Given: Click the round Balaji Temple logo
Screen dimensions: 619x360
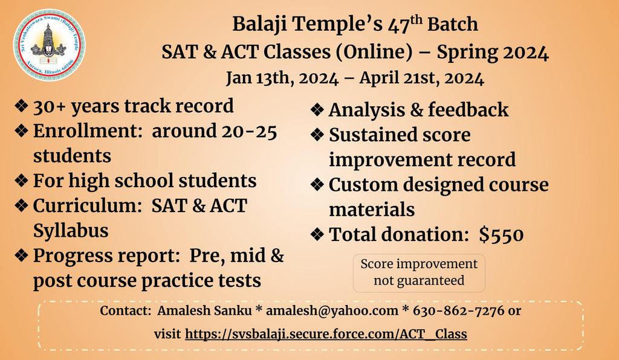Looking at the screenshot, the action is coord(49,45).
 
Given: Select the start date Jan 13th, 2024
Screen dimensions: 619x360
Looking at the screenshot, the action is coord(282,78).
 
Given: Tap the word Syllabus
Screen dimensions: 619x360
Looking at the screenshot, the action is coord(71,231).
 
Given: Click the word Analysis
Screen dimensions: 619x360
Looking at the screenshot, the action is coord(366,110).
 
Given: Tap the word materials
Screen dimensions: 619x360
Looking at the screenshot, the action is coord(372,210).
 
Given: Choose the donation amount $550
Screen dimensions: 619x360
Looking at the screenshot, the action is coord(501,234).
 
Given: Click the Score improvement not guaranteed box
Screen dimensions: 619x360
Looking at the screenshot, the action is coord(419,273).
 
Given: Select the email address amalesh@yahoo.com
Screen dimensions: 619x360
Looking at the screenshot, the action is coord(332,310).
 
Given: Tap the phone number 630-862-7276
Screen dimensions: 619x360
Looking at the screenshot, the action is coord(458,310).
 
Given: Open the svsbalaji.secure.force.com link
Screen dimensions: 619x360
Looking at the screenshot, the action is coord(326,334).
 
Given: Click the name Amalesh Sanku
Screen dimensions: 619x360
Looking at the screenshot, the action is coord(204,310).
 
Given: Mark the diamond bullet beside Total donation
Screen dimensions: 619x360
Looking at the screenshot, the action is coord(317,234).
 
